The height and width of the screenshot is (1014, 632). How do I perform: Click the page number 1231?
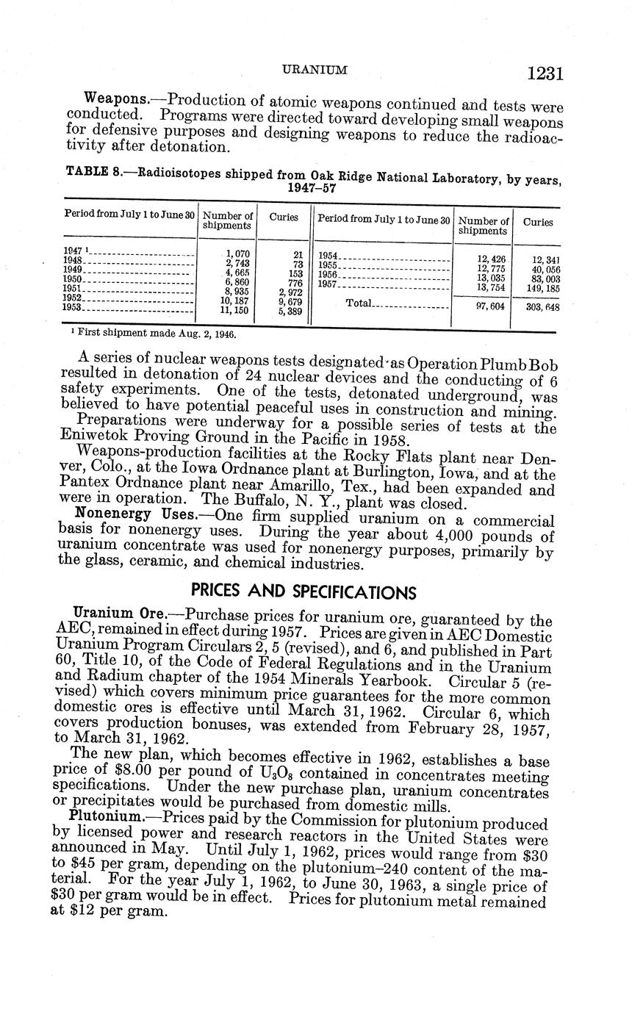click(544, 73)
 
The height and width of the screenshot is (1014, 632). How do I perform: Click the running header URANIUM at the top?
click(315, 70)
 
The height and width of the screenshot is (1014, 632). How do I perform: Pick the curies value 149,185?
click(542, 289)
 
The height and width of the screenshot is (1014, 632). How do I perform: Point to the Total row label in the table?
click(359, 304)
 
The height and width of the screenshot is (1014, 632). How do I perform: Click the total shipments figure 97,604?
click(489, 306)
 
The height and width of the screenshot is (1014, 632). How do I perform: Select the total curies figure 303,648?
click(542, 306)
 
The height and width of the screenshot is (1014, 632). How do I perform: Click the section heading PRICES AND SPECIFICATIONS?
click(303, 591)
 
